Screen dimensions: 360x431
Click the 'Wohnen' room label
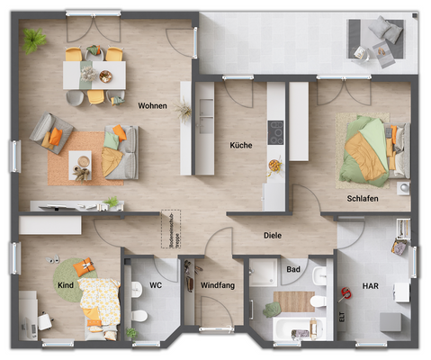click(152, 105)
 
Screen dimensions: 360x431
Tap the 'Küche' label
click(240, 145)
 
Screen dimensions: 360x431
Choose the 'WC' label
click(155, 285)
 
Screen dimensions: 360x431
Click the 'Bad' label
click(293, 268)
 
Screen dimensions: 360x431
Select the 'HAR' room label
click(370, 285)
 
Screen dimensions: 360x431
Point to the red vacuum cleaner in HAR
click(345, 292)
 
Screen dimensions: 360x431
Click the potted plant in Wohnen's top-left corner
click(35, 40)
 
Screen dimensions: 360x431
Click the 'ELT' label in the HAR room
click(342, 318)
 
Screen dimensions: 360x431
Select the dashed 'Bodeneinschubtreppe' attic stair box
click(168, 229)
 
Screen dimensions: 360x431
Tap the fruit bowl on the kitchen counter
click(273, 165)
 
